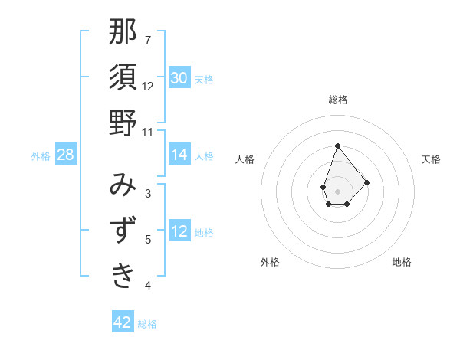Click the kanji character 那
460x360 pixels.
pyautogui.click(x=123, y=32)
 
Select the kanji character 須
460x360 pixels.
pyautogui.click(x=123, y=77)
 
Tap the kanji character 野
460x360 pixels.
pyautogui.click(x=123, y=123)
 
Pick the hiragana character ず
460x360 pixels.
pyautogui.click(x=123, y=230)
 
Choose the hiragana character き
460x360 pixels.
pyautogui.click(x=123, y=275)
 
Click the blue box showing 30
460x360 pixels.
pyautogui.click(x=179, y=78)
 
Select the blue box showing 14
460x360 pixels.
pyautogui.click(x=179, y=155)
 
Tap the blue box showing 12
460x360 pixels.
pyautogui.click(x=179, y=231)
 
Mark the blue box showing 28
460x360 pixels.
pyautogui.click(x=66, y=155)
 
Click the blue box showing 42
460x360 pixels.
pyautogui.click(x=123, y=322)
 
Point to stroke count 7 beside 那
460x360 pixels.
pyautogui.click(x=148, y=40)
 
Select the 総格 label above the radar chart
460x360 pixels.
pyautogui.click(x=337, y=100)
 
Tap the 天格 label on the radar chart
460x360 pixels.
pyautogui.click(x=431, y=159)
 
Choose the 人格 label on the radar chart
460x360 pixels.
pyautogui.click(x=245, y=159)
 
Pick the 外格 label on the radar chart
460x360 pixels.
pyautogui.click(x=270, y=262)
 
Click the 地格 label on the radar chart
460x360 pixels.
pyautogui.click(x=402, y=262)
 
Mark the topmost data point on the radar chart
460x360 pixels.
pyautogui.click(x=337, y=146)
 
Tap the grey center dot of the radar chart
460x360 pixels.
pyautogui.click(x=337, y=190)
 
